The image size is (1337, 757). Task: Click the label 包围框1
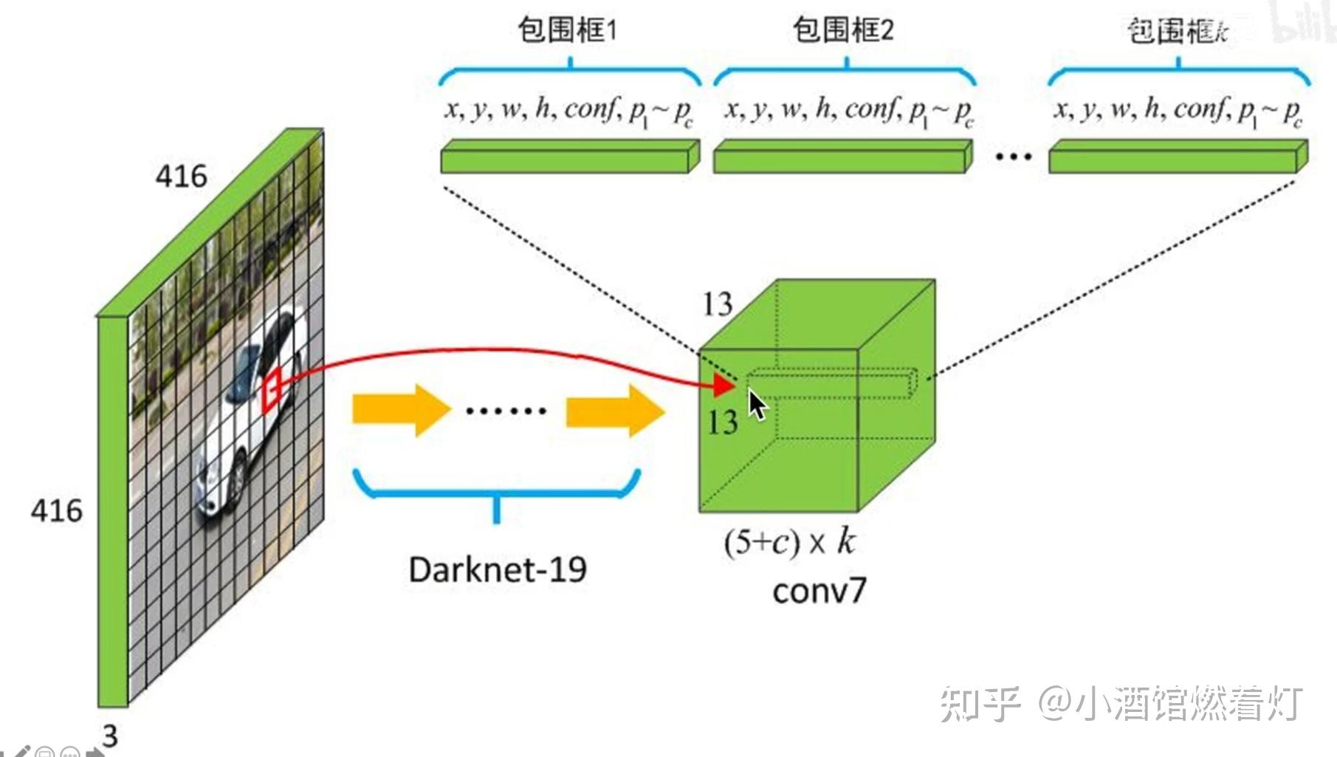(566, 30)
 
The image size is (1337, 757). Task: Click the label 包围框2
(842, 30)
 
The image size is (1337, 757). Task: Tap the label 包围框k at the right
(1178, 32)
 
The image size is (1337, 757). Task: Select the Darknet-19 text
(498, 569)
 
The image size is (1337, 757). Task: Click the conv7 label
(819, 591)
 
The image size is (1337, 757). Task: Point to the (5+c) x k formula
(790, 543)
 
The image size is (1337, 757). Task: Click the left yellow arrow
(400, 409)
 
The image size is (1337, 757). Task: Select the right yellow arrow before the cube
(614, 410)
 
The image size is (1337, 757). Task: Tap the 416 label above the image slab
(181, 177)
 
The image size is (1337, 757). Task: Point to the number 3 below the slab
(110, 736)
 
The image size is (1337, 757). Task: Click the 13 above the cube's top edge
(717, 304)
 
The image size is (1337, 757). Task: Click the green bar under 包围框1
(568, 158)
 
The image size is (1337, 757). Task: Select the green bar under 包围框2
(842, 158)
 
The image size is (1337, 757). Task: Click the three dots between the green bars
(1013, 157)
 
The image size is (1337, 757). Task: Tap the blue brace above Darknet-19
(496, 491)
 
